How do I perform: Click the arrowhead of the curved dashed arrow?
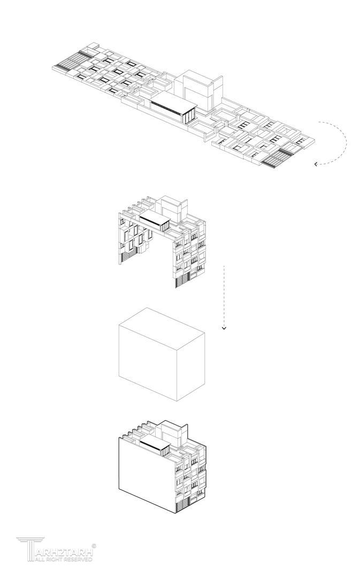[x=316, y=164]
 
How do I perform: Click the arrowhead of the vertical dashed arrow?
[x=224, y=328]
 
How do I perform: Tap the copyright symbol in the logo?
[x=94, y=545]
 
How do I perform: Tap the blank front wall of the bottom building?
[x=147, y=474]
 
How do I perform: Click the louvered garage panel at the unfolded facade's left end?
[x=73, y=61]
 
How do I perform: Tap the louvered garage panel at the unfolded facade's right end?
[x=278, y=158]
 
